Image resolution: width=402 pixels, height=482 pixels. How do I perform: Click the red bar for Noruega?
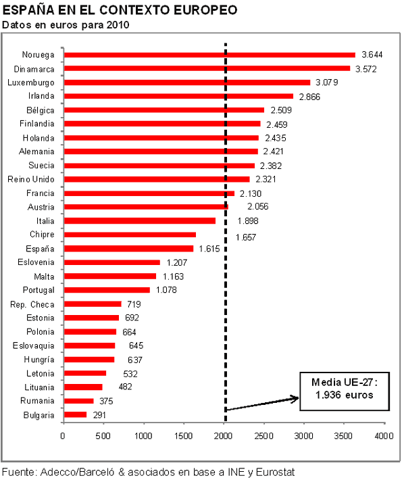(209, 55)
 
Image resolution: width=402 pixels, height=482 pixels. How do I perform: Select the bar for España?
(128, 249)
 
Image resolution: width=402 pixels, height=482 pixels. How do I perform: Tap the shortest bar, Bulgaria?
(74, 414)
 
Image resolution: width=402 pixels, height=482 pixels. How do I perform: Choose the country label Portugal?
(39, 290)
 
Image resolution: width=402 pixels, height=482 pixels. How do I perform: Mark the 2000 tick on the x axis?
(224, 437)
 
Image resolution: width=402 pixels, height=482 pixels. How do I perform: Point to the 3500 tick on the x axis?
(344, 437)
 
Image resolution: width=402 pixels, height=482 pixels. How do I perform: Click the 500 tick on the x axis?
(103, 437)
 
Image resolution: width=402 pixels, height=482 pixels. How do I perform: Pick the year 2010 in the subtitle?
(116, 25)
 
